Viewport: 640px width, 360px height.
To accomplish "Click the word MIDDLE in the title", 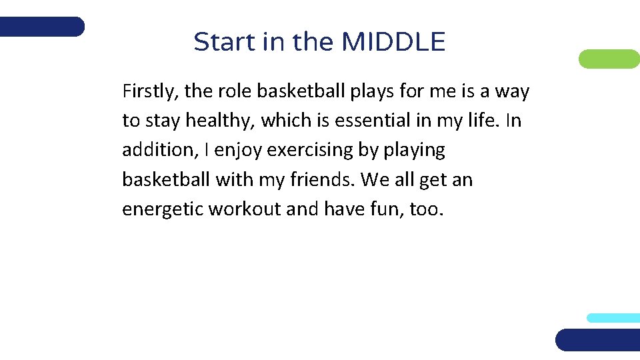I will click(393, 42).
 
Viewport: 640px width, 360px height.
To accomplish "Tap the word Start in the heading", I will click(218, 42).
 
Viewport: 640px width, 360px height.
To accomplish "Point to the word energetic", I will click(163, 210).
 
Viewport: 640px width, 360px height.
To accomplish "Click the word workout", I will click(245, 209).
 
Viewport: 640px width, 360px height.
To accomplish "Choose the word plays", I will click(368, 92).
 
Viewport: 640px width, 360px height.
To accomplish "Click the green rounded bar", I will click(609, 59).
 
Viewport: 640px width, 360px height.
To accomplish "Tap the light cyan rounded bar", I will click(613, 318).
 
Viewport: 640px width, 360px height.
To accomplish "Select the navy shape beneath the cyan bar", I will click(598, 339).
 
